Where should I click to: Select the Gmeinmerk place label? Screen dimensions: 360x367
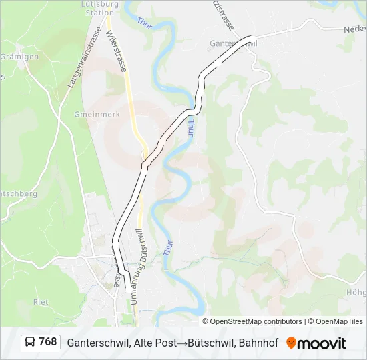pos(97,115)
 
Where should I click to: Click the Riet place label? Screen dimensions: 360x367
pos(40,302)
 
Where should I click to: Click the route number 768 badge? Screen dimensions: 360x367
pos(47,342)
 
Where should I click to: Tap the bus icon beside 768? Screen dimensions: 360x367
pos(30,343)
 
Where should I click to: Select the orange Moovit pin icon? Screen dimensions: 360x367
pos(291,343)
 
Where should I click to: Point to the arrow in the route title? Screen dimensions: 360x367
pos(179,343)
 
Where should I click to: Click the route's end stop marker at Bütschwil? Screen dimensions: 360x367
pos(129,290)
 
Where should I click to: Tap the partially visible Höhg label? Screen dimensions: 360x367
pos(357,292)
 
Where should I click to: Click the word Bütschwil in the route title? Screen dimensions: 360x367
pos(207,343)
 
